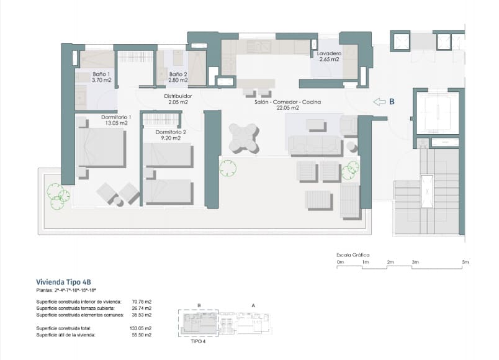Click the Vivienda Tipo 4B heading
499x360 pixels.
click(63, 281)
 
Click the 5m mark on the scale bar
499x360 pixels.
click(465, 263)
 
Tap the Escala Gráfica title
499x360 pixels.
click(353, 254)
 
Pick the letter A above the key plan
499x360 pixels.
click(253, 305)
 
